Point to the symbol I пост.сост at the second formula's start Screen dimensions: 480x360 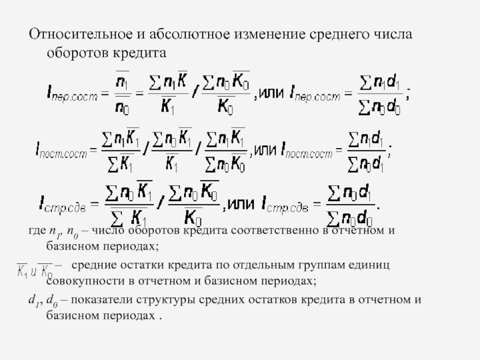[x=61, y=151]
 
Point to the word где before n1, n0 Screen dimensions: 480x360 [x=38, y=231]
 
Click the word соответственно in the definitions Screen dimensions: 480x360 [x=275, y=231]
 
